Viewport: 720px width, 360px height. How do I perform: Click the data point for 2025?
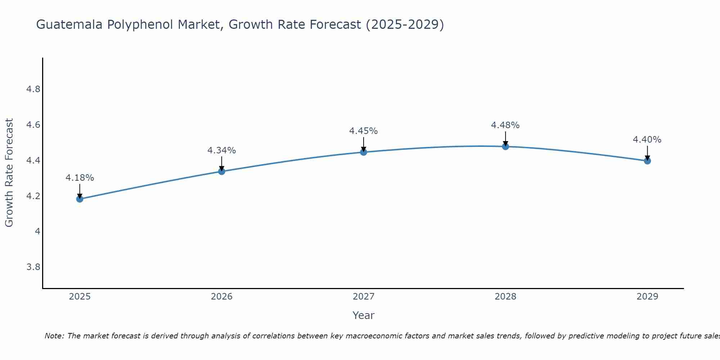(x=80, y=199)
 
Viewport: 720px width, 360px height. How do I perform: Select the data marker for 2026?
(x=222, y=171)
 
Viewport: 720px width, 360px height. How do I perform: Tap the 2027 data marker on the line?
(x=364, y=152)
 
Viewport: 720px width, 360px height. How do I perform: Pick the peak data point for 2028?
(x=505, y=147)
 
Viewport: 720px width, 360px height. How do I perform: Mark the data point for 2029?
(x=647, y=161)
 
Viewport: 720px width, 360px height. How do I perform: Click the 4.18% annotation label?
(x=80, y=178)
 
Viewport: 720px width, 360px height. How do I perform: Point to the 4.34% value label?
(x=222, y=150)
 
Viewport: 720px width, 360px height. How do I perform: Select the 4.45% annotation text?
(x=364, y=131)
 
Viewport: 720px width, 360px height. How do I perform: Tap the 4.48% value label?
(x=505, y=125)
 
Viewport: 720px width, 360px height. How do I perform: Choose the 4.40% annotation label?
(x=647, y=140)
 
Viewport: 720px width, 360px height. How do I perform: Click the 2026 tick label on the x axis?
(x=222, y=297)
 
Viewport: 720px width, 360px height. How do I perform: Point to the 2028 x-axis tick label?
(x=505, y=297)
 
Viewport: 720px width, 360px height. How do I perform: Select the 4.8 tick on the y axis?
(x=33, y=89)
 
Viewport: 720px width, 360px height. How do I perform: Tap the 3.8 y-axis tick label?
(x=33, y=267)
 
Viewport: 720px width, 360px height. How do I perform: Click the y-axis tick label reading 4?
(x=37, y=231)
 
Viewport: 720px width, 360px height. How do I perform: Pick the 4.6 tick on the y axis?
(x=33, y=125)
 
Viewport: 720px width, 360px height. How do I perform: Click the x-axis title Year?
(x=364, y=315)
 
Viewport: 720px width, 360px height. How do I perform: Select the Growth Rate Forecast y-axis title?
(x=9, y=173)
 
